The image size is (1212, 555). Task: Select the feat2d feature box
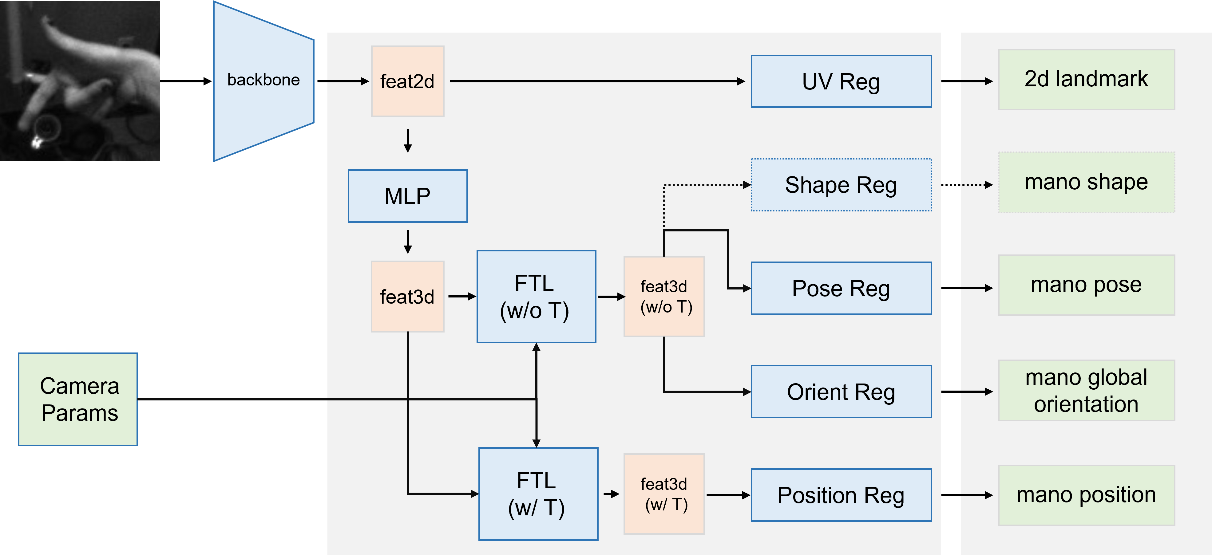[x=407, y=81]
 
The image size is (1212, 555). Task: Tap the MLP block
[x=407, y=196]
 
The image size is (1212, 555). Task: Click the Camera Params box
[x=78, y=399]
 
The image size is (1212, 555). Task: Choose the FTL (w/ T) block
[x=538, y=494]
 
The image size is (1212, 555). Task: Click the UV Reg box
[x=841, y=81]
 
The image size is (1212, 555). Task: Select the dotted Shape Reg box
[x=841, y=185]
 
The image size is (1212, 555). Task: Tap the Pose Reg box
[x=841, y=288]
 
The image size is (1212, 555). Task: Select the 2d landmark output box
[x=1086, y=80]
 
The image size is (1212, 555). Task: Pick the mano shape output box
[x=1086, y=183]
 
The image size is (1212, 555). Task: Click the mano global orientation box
[x=1086, y=390]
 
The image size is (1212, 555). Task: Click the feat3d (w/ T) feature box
[x=664, y=494]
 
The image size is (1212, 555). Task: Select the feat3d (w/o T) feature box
[x=664, y=296]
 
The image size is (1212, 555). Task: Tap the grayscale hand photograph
[x=80, y=81]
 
